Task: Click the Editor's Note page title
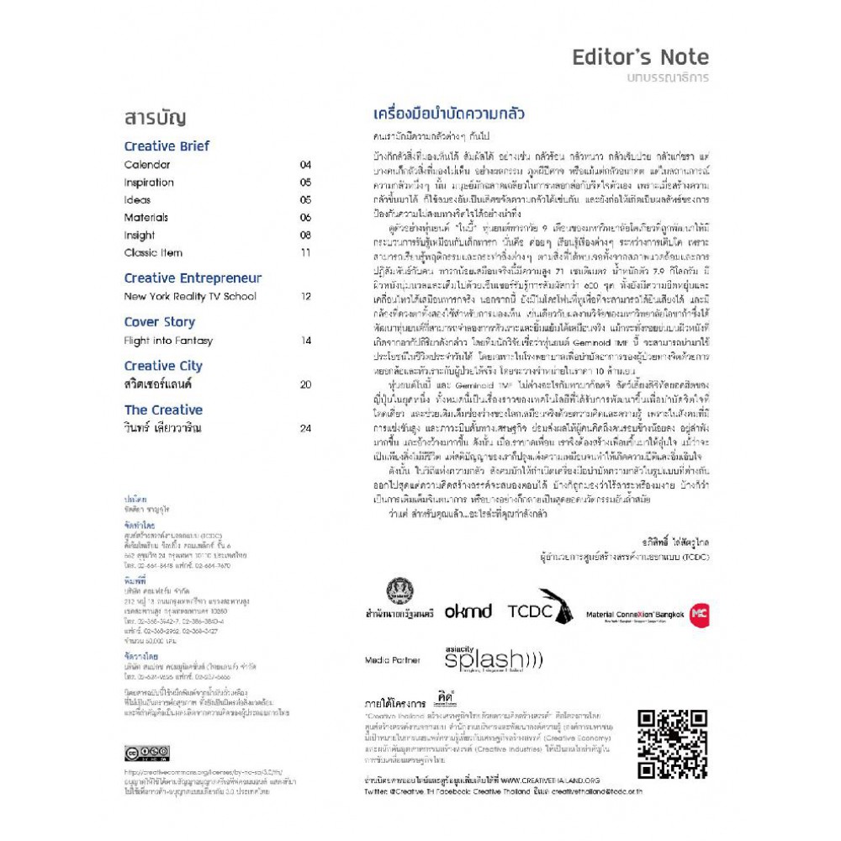point(640,58)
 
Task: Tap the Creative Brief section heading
point(167,145)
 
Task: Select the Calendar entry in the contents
point(147,165)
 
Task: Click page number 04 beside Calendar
point(304,165)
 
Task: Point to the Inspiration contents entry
point(149,182)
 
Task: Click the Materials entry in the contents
point(146,217)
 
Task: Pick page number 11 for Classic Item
point(304,252)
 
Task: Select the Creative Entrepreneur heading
point(193,278)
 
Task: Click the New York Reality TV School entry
point(190,297)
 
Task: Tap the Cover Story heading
point(159,322)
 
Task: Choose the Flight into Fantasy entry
point(168,341)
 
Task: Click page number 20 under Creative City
point(304,384)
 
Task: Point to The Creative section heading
point(163,410)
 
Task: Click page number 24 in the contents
point(304,428)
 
